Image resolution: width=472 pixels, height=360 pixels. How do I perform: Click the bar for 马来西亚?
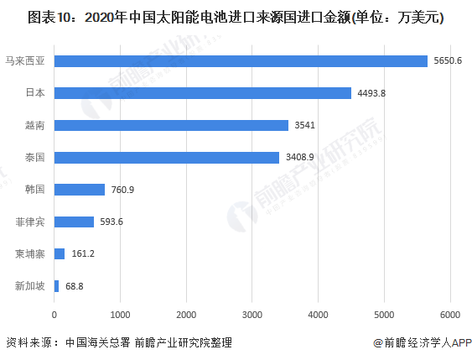click(x=241, y=60)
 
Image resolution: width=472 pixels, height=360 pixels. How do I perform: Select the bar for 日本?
click(x=202, y=93)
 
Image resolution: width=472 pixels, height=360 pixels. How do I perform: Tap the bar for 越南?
click(x=171, y=125)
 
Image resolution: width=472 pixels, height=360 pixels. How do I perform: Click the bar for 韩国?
click(x=79, y=190)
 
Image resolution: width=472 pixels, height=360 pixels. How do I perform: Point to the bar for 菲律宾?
click(x=74, y=222)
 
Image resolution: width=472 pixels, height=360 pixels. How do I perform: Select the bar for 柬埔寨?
click(x=60, y=253)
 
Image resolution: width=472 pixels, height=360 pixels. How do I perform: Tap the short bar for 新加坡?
click(x=56, y=286)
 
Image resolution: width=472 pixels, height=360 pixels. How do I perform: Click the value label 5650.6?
click(x=449, y=60)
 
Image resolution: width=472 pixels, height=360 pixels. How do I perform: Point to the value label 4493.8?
click(x=372, y=93)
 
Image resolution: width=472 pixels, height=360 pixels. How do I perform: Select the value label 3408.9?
click(x=300, y=157)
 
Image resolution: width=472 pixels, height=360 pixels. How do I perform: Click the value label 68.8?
click(x=74, y=286)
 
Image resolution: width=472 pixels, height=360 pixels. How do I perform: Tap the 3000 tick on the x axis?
click(x=252, y=316)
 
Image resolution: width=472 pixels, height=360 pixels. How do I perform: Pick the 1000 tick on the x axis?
click(x=120, y=316)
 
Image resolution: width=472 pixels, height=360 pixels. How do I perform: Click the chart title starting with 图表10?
click(x=235, y=17)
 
